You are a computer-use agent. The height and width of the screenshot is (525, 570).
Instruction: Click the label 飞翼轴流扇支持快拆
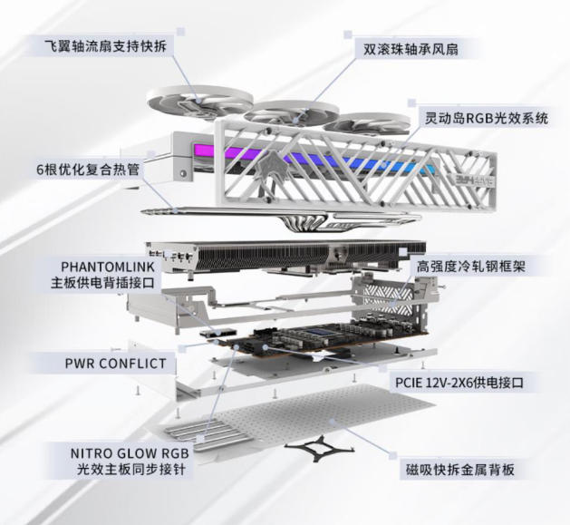click(105, 46)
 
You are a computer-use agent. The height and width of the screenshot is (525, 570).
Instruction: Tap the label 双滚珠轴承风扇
click(411, 50)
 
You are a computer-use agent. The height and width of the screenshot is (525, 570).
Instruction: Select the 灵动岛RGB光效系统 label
click(487, 118)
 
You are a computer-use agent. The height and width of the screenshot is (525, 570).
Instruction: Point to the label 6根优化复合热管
click(88, 170)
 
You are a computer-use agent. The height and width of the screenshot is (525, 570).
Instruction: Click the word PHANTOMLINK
click(108, 267)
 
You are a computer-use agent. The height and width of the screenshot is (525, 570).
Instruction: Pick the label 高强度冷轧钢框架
click(470, 267)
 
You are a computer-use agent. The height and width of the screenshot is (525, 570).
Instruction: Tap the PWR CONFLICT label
click(115, 364)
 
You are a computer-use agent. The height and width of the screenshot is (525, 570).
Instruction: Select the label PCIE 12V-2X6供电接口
click(459, 383)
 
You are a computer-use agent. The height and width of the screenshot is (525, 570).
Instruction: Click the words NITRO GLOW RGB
click(130, 453)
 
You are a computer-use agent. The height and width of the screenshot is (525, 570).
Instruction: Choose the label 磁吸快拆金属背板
click(460, 470)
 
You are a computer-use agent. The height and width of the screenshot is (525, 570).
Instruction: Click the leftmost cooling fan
click(199, 102)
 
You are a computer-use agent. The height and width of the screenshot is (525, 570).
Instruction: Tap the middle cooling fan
click(291, 112)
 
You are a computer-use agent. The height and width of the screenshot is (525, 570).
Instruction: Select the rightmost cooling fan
click(366, 123)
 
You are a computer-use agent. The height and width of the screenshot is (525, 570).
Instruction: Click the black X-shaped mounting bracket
click(320, 448)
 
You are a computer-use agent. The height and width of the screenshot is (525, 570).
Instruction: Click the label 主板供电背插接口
click(103, 283)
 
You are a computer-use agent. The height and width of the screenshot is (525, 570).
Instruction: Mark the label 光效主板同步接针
click(130, 470)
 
